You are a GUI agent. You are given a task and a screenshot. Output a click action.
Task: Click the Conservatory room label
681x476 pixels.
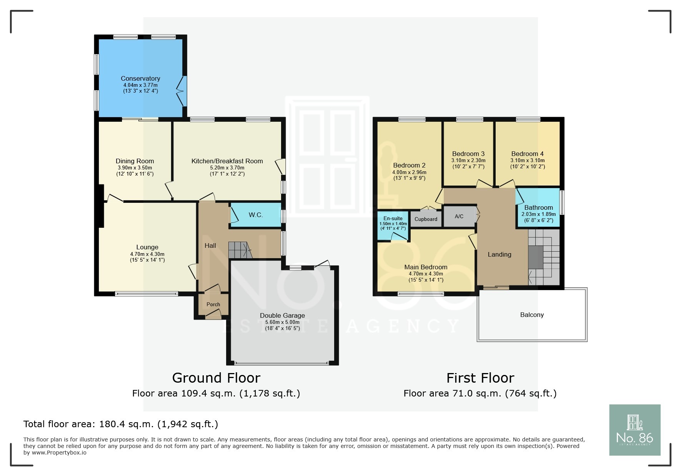tap(140, 78)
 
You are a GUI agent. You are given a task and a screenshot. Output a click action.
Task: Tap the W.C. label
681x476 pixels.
tap(256, 215)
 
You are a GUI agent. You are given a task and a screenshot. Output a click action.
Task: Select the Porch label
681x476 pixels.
tap(213, 304)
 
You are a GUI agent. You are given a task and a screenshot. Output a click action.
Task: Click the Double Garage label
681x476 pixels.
tap(282, 315)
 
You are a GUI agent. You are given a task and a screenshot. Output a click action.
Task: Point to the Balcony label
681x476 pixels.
tap(532, 315)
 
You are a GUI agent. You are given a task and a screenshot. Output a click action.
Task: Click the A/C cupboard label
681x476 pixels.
tap(459, 216)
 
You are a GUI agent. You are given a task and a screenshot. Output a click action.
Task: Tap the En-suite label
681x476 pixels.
tap(393, 218)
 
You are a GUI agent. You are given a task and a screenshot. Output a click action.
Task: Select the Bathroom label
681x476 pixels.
tap(538, 207)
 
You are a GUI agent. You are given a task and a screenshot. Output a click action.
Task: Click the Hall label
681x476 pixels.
tap(210, 245)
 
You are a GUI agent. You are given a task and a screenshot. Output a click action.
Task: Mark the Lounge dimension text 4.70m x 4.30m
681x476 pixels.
tap(147, 254)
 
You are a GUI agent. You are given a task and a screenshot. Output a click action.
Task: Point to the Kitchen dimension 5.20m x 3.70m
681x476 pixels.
tap(227, 168)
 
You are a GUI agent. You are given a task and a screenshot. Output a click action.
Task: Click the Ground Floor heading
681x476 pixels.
tap(216, 378)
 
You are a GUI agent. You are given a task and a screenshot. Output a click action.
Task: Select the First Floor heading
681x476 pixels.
tap(480, 378)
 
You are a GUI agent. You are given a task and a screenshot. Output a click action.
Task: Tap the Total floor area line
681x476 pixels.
tap(121, 424)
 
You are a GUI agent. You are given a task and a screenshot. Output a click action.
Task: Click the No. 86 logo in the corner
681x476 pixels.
tap(635, 430)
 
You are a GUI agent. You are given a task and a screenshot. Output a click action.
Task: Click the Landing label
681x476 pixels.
tap(500, 254)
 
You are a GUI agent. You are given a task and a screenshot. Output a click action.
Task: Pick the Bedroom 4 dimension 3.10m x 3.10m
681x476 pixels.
tap(528, 161)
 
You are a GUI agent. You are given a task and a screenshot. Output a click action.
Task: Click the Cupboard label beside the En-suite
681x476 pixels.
tap(426, 219)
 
